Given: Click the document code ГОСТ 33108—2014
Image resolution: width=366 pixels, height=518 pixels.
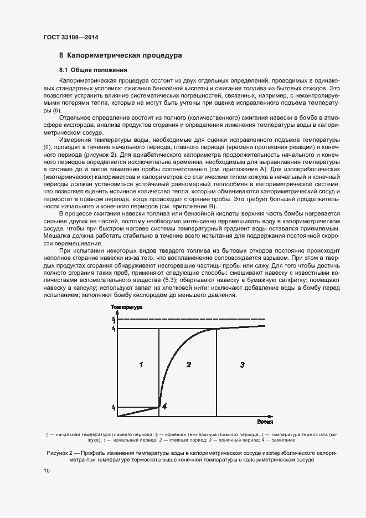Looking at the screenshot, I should click(x=71, y=38).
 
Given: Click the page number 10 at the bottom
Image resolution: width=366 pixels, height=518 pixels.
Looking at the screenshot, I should click(x=47, y=470).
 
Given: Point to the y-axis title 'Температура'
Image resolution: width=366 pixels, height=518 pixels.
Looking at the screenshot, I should click(x=126, y=307).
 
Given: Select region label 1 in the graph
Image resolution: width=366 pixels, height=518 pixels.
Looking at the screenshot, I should click(x=141, y=365).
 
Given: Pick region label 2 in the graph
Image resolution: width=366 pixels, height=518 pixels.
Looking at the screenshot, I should click(x=189, y=365).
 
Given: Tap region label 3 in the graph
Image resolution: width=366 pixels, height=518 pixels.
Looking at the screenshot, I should click(x=242, y=365).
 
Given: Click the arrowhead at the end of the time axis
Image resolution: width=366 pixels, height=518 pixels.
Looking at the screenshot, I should click(x=271, y=416).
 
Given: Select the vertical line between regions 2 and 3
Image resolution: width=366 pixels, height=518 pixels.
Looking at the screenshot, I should click(x=216, y=371).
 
